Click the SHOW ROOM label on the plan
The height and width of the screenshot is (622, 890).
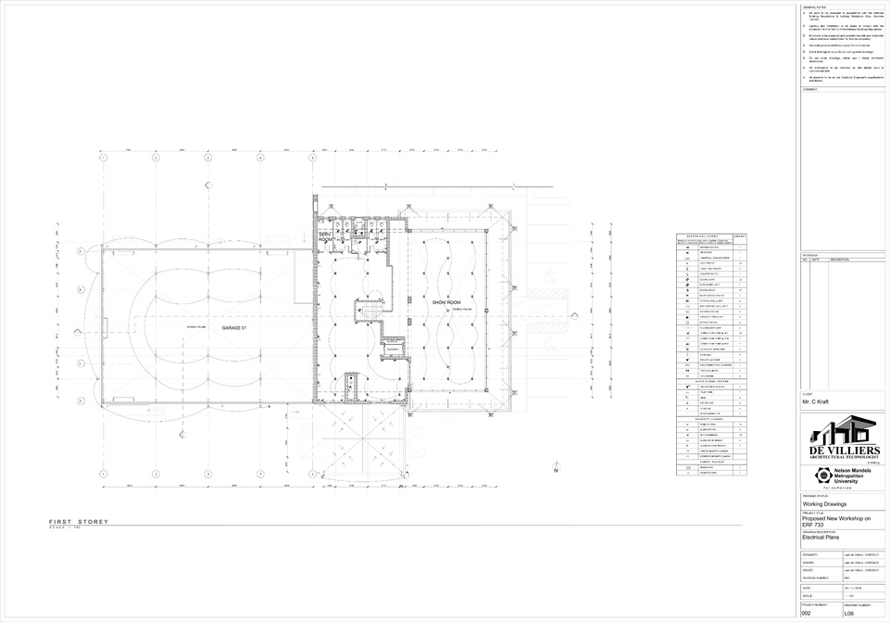point(447,302)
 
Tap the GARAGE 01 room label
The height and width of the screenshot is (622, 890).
point(235,328)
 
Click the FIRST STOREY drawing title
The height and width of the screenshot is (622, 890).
point(79,522)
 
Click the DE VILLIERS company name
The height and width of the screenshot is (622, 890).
point(843,450)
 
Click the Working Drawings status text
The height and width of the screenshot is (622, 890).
point(823,504)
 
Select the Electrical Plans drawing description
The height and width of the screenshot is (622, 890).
point(821,537)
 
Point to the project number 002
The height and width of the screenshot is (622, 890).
point(806,614)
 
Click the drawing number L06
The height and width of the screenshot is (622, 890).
point(848,614)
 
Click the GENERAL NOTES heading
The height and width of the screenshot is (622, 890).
point(814,6)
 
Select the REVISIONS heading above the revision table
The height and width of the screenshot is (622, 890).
point(810,254)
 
